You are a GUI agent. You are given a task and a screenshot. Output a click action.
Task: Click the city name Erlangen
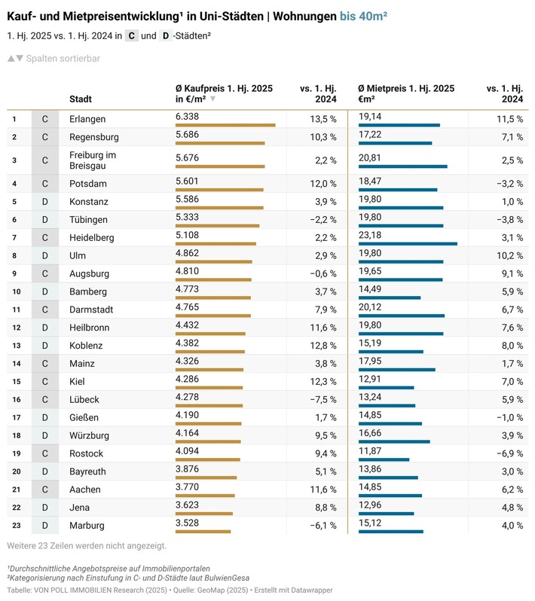tap(87, 119)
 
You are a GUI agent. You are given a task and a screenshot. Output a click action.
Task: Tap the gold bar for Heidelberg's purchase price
tap(216, 243)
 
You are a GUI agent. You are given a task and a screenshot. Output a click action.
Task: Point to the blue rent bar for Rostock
tap(384, 459)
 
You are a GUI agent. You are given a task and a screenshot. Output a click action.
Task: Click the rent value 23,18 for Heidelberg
tap(370, 235)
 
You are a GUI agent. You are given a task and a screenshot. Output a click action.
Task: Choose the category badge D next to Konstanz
tap(44, 202)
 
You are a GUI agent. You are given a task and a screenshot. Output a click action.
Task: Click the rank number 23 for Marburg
tap(14, 526)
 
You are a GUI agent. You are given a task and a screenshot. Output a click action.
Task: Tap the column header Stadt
tap(81, 99)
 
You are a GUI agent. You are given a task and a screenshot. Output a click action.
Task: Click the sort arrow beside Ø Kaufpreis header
tap(213, 99)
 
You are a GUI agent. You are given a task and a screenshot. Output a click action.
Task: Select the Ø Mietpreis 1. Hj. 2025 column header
tap(406, 88)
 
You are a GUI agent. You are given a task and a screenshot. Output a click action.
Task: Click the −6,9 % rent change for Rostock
tap(508, 454)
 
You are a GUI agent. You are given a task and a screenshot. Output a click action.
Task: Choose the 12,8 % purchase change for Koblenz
tap(323, 346)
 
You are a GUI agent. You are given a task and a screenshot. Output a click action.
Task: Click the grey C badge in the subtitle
tap(131, 35)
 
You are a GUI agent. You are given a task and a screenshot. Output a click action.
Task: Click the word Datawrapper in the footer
tap(310, 590)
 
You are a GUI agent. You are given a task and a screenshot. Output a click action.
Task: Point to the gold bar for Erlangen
tap(225, 125)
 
